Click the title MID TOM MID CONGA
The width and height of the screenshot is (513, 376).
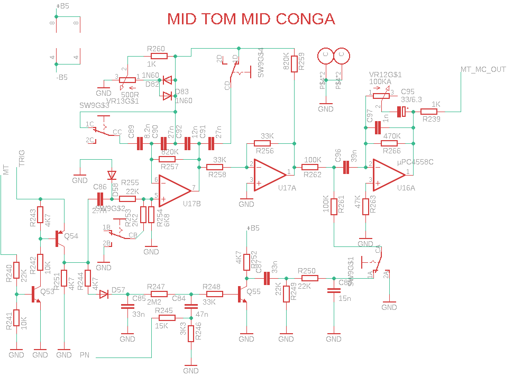point(251,19)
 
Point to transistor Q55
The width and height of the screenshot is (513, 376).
point(243,294)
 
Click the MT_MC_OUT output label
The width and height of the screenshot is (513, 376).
point(483,69)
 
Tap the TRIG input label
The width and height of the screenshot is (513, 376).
point(23,159)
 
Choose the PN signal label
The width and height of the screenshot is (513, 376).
point(85,354)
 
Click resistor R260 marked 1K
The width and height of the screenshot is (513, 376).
point(159,55)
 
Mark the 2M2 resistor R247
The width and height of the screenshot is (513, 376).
point(159,294)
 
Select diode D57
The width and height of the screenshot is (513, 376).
point(104,294)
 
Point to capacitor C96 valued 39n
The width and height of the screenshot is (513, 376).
point(346,168)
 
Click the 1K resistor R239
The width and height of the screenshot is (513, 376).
point(429,112)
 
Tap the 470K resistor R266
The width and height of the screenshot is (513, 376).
point(392,143)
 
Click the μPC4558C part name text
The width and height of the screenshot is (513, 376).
point(415,162)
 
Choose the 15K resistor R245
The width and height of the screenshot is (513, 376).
point(166,318)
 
